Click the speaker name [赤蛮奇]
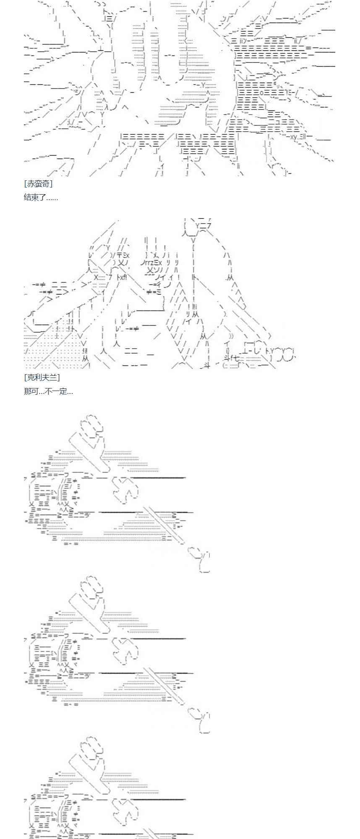[x=38, y=183]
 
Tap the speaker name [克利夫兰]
[x=42, y=378]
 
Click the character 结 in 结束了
[x=28, y=197]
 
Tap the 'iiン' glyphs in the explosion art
[x=245, y=40]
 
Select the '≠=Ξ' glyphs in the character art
[x=155, y=292]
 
